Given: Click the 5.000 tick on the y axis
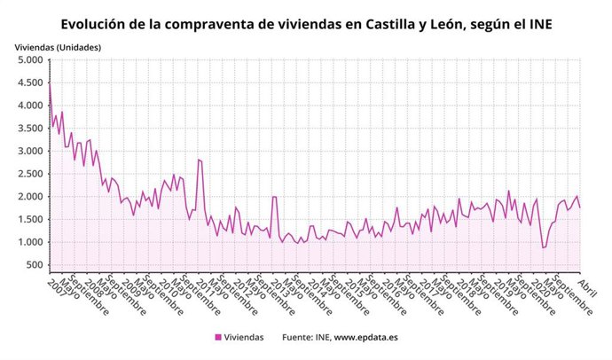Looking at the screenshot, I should click(x=30, y=60).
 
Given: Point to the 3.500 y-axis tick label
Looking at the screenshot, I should click(x=30, y=129).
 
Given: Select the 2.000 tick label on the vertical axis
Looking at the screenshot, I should click(x=30, y=197).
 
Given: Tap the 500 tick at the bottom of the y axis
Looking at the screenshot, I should click(x=35, y=265).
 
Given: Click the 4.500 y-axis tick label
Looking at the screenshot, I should click(x=30, y=83).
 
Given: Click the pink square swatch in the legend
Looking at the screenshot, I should click(x=218, y=337).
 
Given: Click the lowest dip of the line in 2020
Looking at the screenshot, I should click(x=543, y=247).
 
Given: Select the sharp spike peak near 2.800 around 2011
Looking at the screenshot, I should click(x=199, y=160).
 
